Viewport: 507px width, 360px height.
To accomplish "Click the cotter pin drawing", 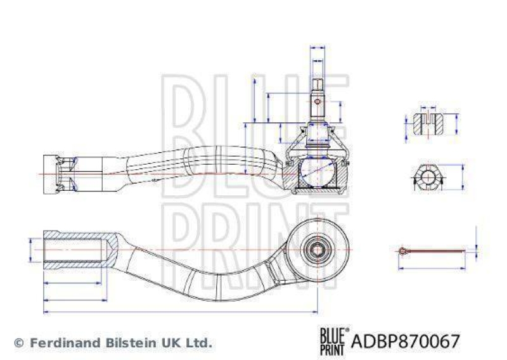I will tap(431, 252).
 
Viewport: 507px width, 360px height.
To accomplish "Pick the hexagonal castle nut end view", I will tap(427, 179).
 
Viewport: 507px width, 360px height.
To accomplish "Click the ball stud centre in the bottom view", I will tap(316, 249).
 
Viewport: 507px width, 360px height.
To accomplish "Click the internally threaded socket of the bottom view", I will tap(75, 249).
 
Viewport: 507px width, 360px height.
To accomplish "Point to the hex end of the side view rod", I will tap(57, 174).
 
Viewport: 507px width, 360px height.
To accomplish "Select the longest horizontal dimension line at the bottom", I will tap(180, 311).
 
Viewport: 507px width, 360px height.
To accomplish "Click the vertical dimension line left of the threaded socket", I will tap(30, 250).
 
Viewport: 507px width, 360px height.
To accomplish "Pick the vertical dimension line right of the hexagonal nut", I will tap(462, 178).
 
